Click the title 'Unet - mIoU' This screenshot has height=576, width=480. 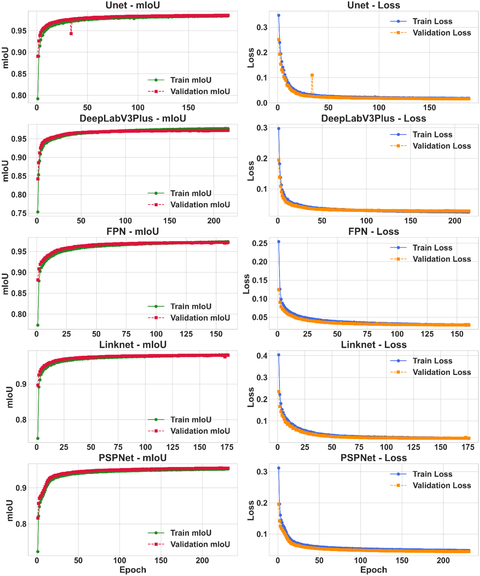(x=133, y=5)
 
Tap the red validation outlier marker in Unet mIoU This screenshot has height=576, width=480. (x=71, y=34)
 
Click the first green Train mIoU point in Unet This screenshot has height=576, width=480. (x=38, y=99)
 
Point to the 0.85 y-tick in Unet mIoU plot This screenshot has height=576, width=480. (x=19, y=74)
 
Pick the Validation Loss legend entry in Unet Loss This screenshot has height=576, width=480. (x=430, y=33)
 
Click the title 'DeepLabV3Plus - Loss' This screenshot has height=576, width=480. (x=373, y=119)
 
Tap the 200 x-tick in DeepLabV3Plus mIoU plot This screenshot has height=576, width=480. (x=214, y=221)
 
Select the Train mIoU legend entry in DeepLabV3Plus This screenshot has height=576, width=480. (x=179, y=193)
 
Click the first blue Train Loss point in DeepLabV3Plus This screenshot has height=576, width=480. (x=279, y=129)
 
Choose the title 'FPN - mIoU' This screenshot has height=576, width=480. (x=133, y=231)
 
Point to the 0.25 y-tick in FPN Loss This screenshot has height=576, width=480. (x=259, y=243)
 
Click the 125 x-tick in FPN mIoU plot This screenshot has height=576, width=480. (x=186, y=334)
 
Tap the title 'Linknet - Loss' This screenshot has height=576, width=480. (x=373, y=345)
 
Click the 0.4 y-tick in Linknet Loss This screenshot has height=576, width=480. (x=262, y=356)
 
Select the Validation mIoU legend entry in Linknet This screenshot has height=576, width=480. (x=189, y=431)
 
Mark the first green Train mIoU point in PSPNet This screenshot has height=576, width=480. (x=38, y=552)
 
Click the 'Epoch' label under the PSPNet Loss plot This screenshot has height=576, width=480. (x=373, y=570)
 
